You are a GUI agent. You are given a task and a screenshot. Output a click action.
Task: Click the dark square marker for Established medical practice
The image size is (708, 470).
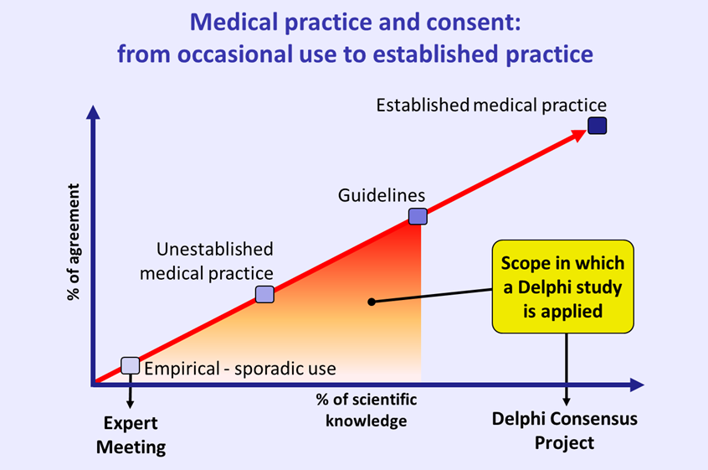597,126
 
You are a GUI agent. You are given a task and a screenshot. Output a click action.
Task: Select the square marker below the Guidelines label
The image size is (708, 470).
418,216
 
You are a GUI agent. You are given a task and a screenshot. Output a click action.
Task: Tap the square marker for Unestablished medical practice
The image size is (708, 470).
264,293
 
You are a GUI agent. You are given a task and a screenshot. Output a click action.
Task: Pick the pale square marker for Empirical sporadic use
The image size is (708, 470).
130,364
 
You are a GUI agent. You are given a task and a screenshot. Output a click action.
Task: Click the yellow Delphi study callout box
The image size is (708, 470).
562,287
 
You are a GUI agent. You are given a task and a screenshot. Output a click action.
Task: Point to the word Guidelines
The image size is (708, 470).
382,195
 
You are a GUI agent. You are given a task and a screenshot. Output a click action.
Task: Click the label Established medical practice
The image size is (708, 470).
490,106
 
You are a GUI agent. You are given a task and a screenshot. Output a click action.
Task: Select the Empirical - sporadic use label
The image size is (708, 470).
240,369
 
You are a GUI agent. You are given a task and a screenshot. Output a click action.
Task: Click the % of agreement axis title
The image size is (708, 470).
74,243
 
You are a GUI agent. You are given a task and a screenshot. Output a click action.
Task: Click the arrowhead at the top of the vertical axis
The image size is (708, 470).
95,113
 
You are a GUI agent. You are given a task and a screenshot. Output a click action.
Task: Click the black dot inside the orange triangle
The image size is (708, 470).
371,302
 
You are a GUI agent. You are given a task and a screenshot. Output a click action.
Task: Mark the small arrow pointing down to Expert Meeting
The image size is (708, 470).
131,394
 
